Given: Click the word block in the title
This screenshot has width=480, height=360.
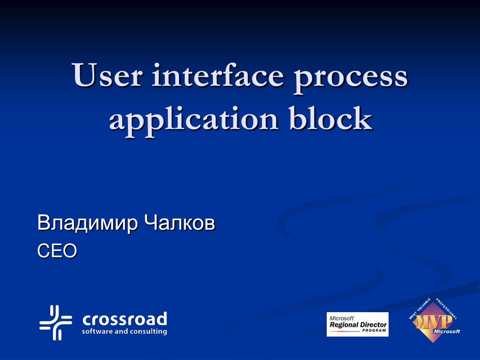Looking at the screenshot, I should tap(331, 119).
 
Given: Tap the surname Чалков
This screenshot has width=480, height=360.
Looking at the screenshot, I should tap(180, 223).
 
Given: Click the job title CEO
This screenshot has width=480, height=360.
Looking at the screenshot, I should tap(57, 251).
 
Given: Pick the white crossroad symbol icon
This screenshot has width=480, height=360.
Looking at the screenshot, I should tap(56, 322).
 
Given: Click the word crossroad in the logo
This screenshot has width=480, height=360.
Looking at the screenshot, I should tap(125, 320).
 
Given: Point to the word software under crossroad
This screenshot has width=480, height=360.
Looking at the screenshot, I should tap(97, 331).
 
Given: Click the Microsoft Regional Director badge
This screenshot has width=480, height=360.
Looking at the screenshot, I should tap(358, 324).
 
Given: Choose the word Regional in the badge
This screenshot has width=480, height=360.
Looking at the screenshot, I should tap(345, 324).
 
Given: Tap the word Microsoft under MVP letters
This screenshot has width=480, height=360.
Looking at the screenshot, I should tap(447, 331).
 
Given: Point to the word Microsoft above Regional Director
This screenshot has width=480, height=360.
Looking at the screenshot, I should tap(341, 318).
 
